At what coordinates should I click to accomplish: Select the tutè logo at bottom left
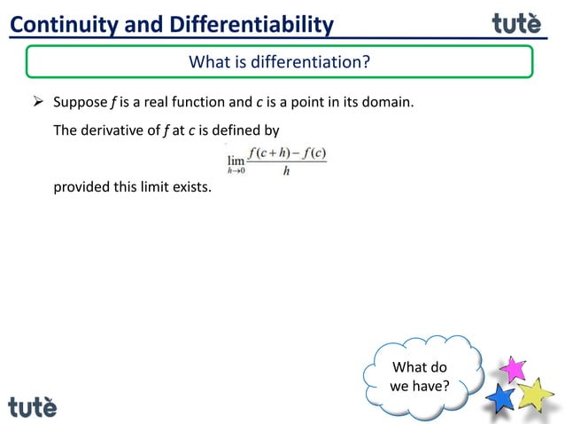pyautogui.click(x=33, y=406)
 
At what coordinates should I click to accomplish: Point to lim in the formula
pyautogui.click(x=236, y=160)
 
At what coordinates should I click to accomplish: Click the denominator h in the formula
pyautogui.click(x=286, y=171)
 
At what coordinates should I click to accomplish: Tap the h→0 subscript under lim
pyautogui.click(x=236, y=172)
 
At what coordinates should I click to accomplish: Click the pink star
pyautogui.click(x=512, y=368)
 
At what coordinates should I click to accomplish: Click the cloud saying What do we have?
pyautogui.click(x=420, y=377)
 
